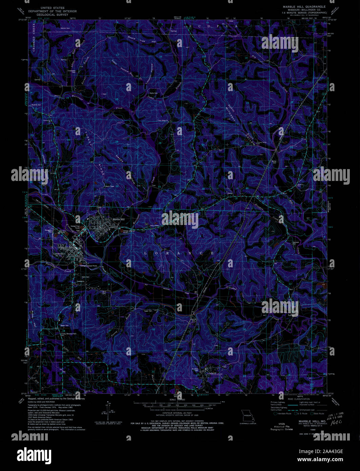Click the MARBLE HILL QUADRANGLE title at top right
(x=302, y=6)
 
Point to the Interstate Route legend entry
(x=283, y=414)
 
